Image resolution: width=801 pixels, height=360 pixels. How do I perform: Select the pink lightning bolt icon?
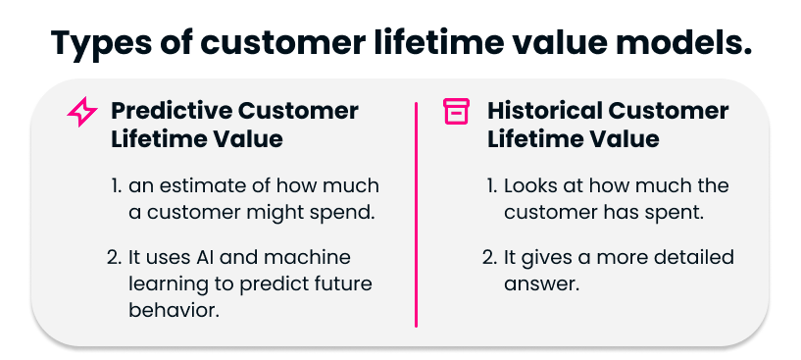(x=81, y=113)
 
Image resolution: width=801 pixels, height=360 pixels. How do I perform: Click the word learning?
(x=167, y=283)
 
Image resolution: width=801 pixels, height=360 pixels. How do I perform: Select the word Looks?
(x=530, y=185)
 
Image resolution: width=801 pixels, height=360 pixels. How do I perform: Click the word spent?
(x=678, y=212)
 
